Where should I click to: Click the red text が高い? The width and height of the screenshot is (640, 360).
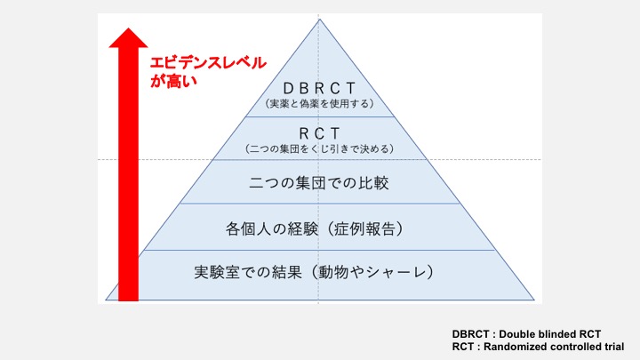click(172, 82)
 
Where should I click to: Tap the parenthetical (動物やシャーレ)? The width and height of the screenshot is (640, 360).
click(377, 271)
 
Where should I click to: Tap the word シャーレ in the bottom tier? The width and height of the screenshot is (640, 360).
click(402, 271)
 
